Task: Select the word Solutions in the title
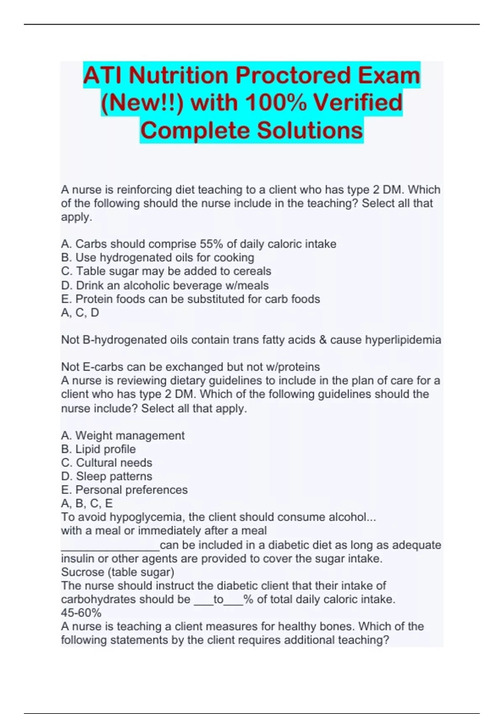coord(310,130)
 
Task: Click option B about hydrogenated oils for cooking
coord(157,257)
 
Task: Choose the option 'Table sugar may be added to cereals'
coord(166,271)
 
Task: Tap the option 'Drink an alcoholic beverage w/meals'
coord(165,286)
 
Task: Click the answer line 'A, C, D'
coord(80,313)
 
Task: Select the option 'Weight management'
coord(123,436)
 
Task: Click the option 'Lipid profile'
coord(98,449)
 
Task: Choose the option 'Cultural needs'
coord(107,463)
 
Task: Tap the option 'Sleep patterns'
coord(107,476)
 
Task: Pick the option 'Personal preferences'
coord(124,490)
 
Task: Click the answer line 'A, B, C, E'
coord(87,504)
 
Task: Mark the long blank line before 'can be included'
coord(110,548)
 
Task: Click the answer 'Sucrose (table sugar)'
coord(118,572)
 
